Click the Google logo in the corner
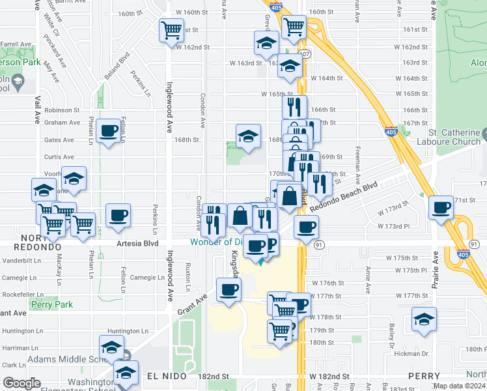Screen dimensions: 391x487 [21, 383]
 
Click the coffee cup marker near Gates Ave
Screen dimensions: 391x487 [109, 130]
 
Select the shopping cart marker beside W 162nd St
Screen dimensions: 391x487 [171, 29]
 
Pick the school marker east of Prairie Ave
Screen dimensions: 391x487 [424, 319]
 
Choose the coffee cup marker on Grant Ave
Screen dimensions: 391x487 [229, 289]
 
